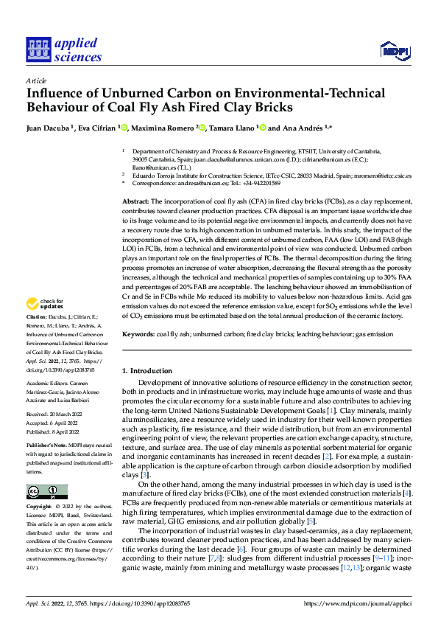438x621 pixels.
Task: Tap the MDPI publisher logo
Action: point(395,50)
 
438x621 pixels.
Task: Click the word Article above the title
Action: point(36,81)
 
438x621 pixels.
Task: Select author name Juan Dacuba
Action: point(49,128)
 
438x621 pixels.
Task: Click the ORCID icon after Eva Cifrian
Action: point(124,128)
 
